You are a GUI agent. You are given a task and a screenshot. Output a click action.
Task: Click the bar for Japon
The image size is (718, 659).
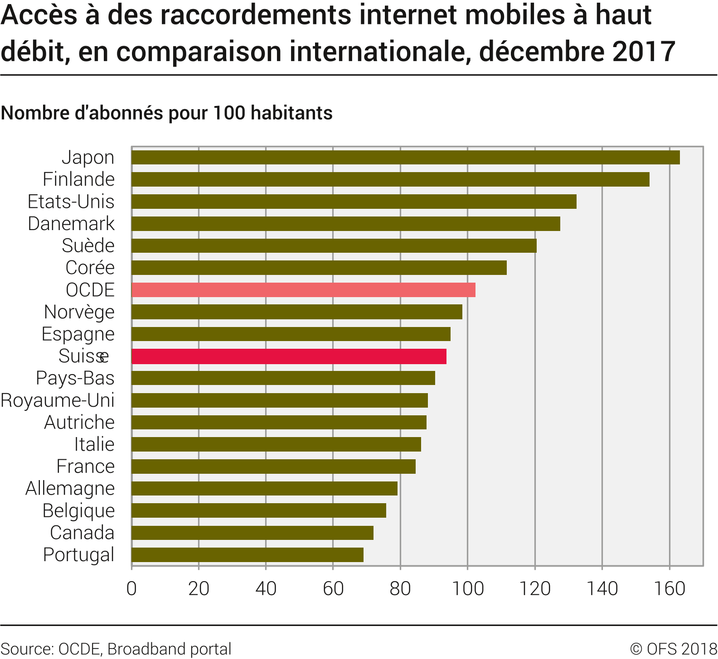405,157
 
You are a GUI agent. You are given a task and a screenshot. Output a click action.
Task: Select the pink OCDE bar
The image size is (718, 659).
303,290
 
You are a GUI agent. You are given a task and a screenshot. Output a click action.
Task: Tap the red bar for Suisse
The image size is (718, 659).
289,356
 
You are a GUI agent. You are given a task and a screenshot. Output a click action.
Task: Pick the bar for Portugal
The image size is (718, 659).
247,555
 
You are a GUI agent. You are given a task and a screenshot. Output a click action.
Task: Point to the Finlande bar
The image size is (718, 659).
390,179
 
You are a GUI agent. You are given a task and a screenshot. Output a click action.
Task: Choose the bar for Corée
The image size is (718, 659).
319,268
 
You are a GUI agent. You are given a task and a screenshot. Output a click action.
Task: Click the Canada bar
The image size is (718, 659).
252,533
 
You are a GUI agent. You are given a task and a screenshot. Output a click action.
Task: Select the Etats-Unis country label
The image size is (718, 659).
71,202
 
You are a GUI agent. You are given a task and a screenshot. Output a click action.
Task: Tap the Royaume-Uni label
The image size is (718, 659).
58,400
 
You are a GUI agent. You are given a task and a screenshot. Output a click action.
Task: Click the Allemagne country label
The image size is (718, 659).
70,489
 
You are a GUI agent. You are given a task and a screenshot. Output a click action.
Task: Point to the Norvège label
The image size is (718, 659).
79,312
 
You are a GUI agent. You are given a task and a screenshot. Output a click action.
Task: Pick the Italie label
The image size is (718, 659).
94,444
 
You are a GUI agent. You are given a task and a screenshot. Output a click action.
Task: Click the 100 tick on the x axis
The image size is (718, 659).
468,589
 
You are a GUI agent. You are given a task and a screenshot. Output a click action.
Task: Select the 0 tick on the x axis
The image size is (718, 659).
131,589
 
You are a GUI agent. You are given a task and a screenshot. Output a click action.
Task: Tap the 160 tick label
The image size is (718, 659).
669,589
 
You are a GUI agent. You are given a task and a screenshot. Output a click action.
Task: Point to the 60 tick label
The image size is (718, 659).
333,589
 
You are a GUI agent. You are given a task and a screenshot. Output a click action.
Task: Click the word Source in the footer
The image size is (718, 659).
26,649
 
